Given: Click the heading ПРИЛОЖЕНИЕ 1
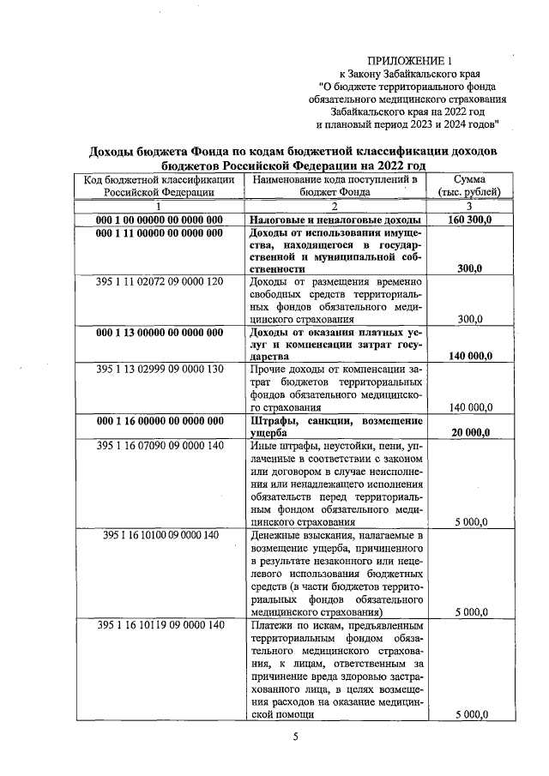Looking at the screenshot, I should coord(408,61).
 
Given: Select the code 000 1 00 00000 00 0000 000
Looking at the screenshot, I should coord(160,220).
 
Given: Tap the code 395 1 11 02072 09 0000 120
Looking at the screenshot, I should coord(160,281).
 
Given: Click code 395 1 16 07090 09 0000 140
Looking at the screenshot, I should coord(160,446).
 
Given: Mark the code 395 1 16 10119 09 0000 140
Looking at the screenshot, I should coord(160,625).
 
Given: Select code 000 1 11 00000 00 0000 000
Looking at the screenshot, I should coord(160,232).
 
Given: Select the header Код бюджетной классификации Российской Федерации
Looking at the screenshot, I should coord(160,186).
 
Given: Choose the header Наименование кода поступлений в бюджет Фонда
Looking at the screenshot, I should coord(335,186).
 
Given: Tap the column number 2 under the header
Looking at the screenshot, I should coord(335,207).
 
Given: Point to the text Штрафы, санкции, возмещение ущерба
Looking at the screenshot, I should coord(335,427).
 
